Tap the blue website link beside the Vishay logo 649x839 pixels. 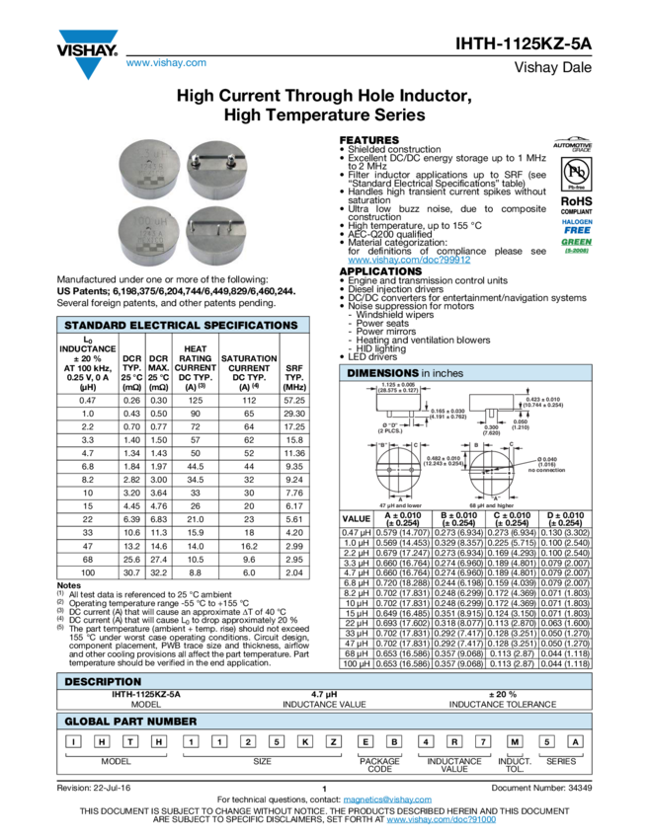[x=165, y=64]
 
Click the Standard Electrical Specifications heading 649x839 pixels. [x=182, y=325]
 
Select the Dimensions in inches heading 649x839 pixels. [x=405, y=373]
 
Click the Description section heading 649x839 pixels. [x=103, y=681]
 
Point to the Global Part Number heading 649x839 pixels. [x=130, y=722]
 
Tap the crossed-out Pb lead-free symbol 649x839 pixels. [x=572, y=174]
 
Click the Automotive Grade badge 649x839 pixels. [x=572, y=145]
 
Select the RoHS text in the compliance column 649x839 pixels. [x=572, y=200]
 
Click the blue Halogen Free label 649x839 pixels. [x=572, y=226]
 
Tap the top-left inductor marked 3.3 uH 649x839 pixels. [x=149, y=169]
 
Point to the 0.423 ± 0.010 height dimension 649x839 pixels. [x=542, y=402]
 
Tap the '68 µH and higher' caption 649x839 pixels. [x=491, y=503]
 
